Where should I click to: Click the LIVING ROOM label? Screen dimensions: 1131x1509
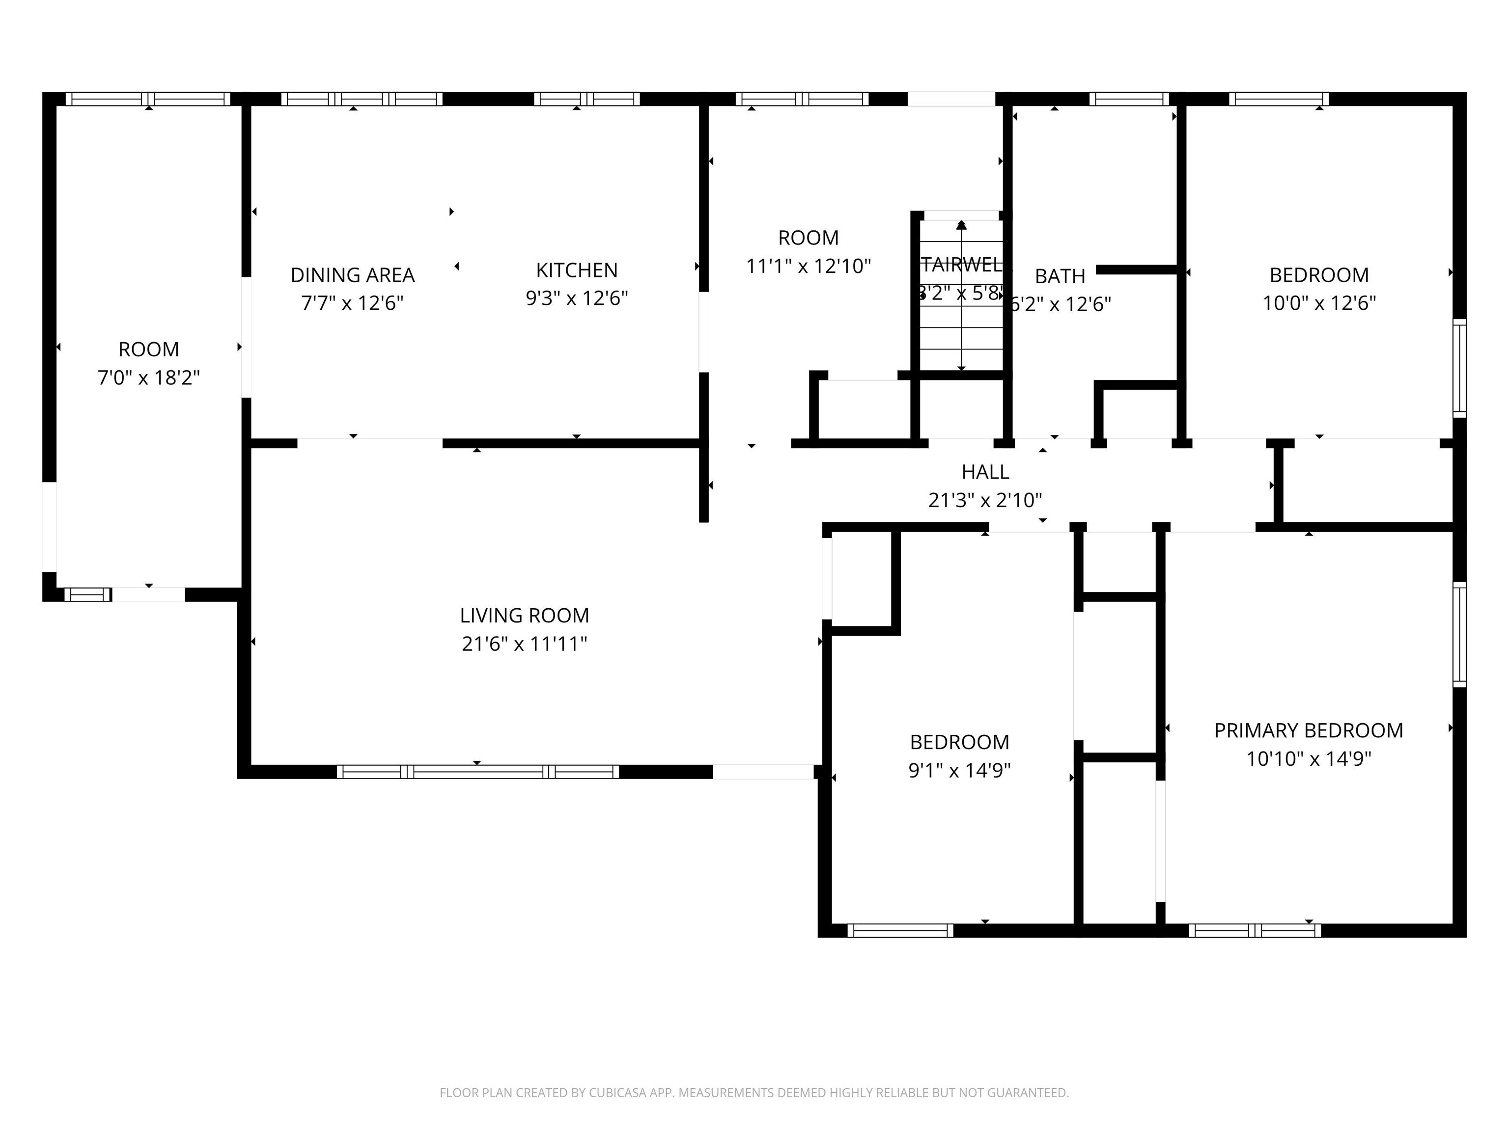point(524,616)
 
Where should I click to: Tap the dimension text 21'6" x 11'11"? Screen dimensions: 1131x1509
point(524,644)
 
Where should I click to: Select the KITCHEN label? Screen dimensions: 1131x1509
point(577,270)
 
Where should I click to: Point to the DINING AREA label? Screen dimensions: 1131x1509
point(353,275)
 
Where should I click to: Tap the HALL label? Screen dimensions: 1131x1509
point(985,472)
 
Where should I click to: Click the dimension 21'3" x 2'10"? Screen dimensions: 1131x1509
point(985,500)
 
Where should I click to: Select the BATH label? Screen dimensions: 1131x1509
point(1060,276)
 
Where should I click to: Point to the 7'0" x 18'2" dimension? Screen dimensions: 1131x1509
point(149,377)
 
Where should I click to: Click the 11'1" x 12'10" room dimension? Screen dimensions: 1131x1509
point(809,266)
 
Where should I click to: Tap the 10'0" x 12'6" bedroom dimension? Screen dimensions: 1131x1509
point(1319,303)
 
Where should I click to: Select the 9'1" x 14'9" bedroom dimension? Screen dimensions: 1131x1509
point(959,770)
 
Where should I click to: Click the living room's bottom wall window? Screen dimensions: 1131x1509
point(477,772)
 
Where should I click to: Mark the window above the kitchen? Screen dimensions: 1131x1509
point(587,99)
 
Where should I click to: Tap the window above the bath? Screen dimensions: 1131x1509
point(1129,99)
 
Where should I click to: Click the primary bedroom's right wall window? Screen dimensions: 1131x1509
point(1459,634)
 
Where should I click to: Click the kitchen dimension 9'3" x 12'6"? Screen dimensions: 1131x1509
point(577,298)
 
